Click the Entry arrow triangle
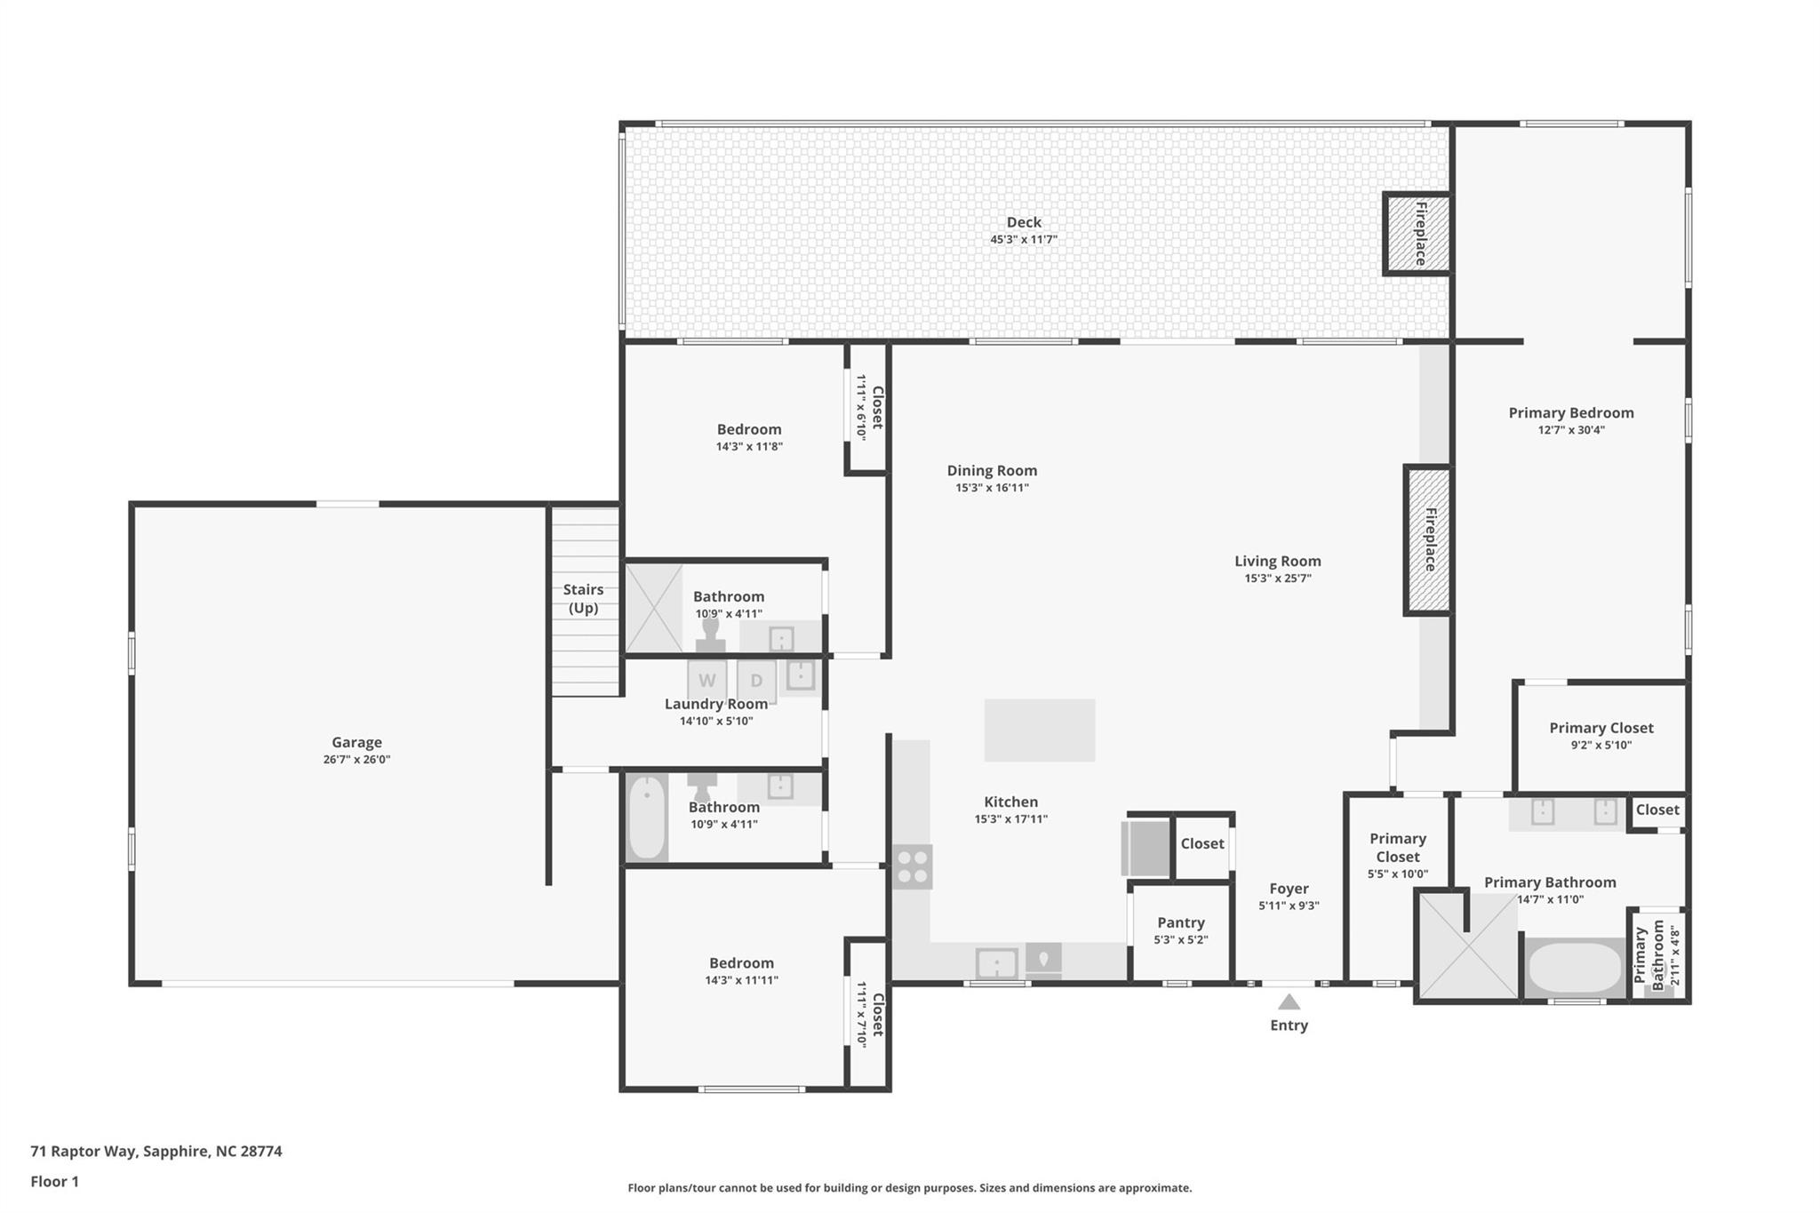1289,1002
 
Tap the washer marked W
707,681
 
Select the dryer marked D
756,681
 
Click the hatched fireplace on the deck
1417,234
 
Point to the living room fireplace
1427,539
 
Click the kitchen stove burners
912,866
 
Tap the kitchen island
1039,730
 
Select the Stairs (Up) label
583,598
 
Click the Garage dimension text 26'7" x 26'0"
356,760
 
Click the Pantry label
1180,922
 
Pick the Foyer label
1289,888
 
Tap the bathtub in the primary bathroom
1574,968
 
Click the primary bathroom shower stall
1467,946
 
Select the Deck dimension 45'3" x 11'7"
1024,240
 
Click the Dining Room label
992,470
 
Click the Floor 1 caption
54,1181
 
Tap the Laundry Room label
715,704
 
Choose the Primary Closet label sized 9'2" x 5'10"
1600,728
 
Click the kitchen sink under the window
996,963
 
